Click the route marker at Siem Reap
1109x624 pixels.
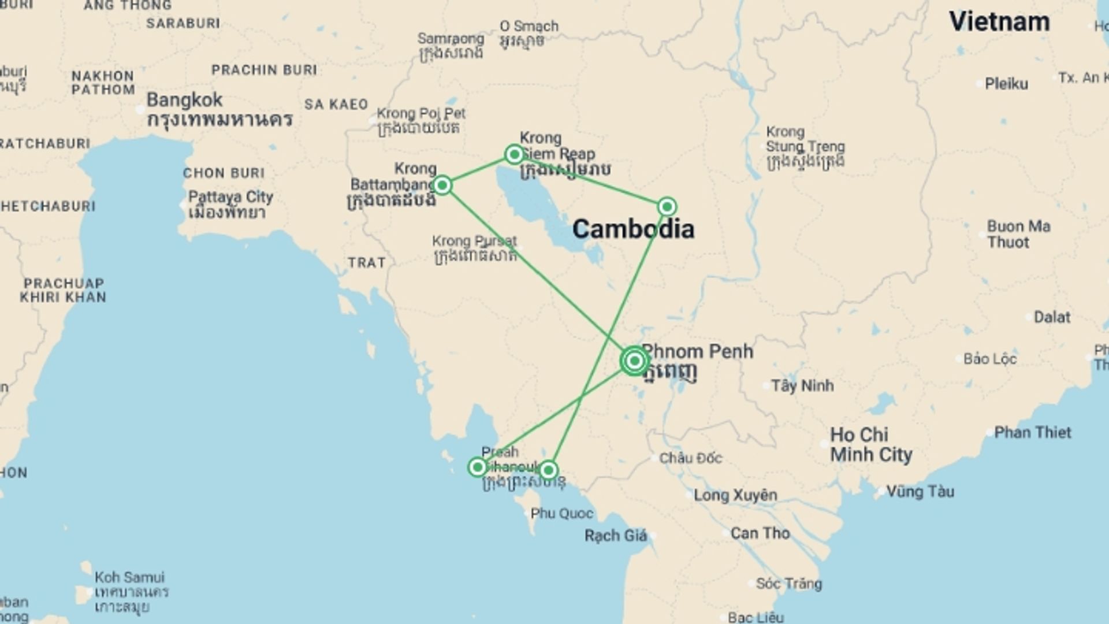click(514, 154)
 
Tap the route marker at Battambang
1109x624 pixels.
click(442, 185)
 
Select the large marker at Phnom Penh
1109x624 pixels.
click(634, 361)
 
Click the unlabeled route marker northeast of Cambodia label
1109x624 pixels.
click(667, 207)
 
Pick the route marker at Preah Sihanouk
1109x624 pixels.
click(478, 467)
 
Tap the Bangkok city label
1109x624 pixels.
click(184, 100)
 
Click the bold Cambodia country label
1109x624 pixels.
click(633, 229)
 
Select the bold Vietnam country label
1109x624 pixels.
click(999, 22)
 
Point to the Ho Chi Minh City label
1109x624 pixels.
click(870, 445)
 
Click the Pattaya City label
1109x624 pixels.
click(230, 197)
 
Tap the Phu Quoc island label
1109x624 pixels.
click(561, 513)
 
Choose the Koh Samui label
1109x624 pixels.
click(129, 577)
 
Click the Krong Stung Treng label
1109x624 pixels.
click(805, 139)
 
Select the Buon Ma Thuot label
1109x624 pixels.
click(1018, 234)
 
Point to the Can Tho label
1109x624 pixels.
click(760, 533)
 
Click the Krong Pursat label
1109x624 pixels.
click(474, 241)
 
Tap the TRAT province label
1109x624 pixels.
click(366, 263)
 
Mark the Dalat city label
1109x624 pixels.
click(1052, 317)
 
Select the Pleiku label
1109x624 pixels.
click(1006, 84)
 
